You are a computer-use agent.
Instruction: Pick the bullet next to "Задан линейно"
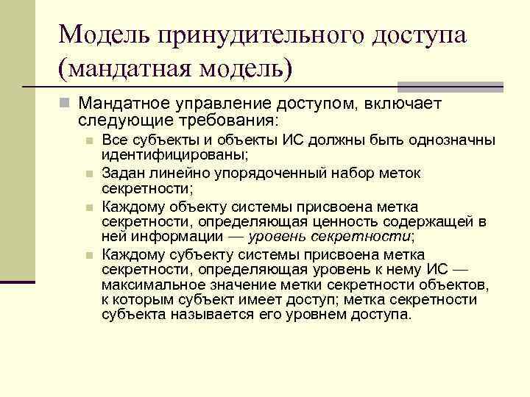88,174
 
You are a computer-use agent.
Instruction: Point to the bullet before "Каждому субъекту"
88,255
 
